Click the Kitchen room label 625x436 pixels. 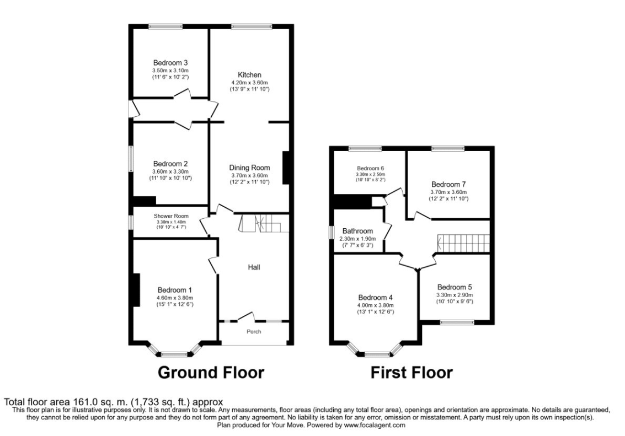[249, 75]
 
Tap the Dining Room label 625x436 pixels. [249, 168]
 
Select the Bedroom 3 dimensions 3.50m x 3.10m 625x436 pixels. [170, 70]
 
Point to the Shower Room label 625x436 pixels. [172, 216]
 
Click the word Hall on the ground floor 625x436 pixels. [254, 267]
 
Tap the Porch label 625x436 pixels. [254, 331]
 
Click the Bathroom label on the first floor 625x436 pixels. [357, 231]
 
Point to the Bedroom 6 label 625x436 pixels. [370, 169]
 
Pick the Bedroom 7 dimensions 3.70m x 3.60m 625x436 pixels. [448, 192]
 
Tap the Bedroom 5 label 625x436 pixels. [455, 287]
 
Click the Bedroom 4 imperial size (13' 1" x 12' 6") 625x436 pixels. [376, 312]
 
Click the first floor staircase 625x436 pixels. [463, 243]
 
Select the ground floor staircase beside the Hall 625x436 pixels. [264, 223]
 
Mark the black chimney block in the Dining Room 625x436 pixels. [286, 167]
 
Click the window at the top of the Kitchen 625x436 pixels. [252, 26]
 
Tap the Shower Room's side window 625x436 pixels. [131, 222]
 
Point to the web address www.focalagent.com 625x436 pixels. [375, 425]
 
